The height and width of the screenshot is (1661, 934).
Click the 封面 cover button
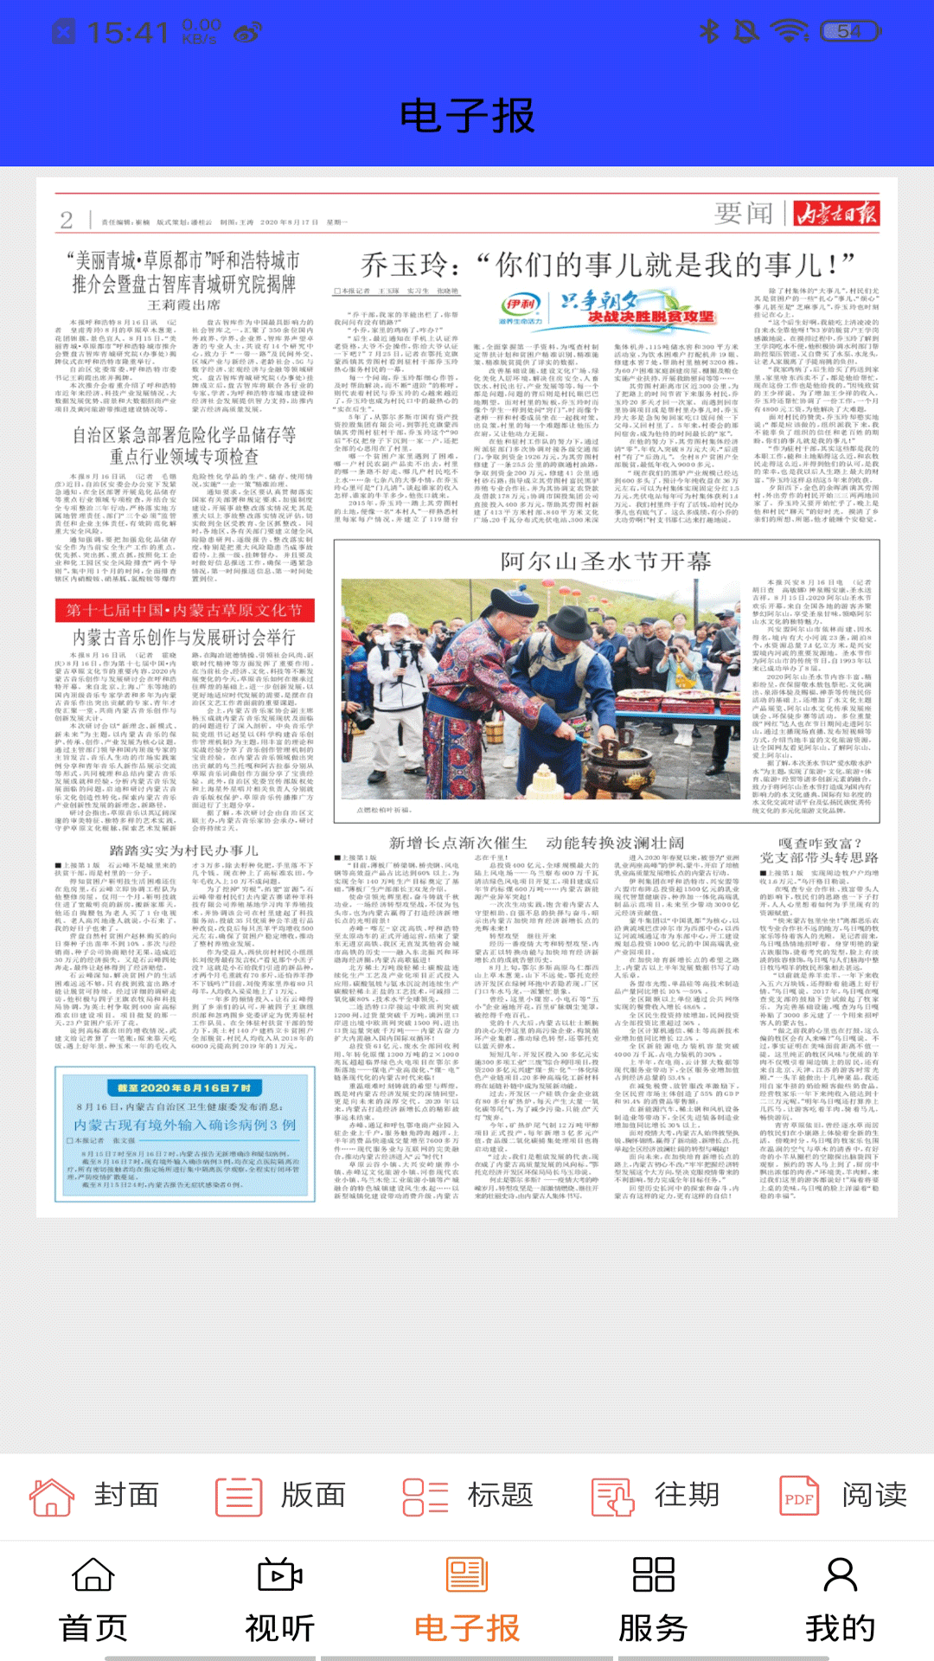tap(95, 1495)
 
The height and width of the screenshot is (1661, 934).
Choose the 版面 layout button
tap(282, 1495)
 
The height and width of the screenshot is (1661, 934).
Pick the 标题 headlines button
tap(469, 1495)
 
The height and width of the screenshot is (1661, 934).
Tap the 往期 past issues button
tap(656, 1495)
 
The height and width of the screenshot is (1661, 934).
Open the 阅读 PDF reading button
tap(844, 1495)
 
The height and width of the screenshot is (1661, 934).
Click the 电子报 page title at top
tap(467, 116)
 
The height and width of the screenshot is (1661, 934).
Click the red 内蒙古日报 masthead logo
tap(836, 213)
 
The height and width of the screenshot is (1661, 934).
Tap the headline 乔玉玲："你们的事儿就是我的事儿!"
tap(607, 264)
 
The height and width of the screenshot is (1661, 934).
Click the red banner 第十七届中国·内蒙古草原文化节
tap(184, 610)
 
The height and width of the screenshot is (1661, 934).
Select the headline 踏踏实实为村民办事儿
tap(183, 850)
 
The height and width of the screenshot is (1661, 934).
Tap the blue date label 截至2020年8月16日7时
tap(183, 1087)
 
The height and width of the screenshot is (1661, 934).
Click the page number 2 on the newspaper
tap(67, 220)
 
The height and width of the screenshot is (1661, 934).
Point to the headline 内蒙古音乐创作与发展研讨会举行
tap(183, 638)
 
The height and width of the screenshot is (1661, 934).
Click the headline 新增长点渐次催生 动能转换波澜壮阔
tap(536, 843)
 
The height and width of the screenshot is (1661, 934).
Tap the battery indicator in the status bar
tap(850, 32)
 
